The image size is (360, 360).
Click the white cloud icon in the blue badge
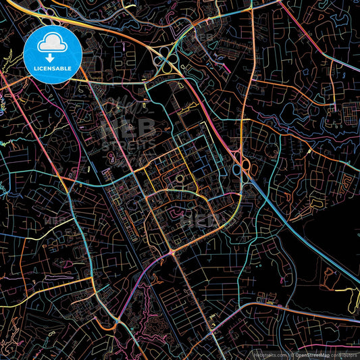[x=52, y=45]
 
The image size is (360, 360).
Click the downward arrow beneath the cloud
[x=52, y=58]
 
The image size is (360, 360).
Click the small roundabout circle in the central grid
[x=180, y=178]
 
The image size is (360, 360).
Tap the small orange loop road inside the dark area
[x=330, y=274]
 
